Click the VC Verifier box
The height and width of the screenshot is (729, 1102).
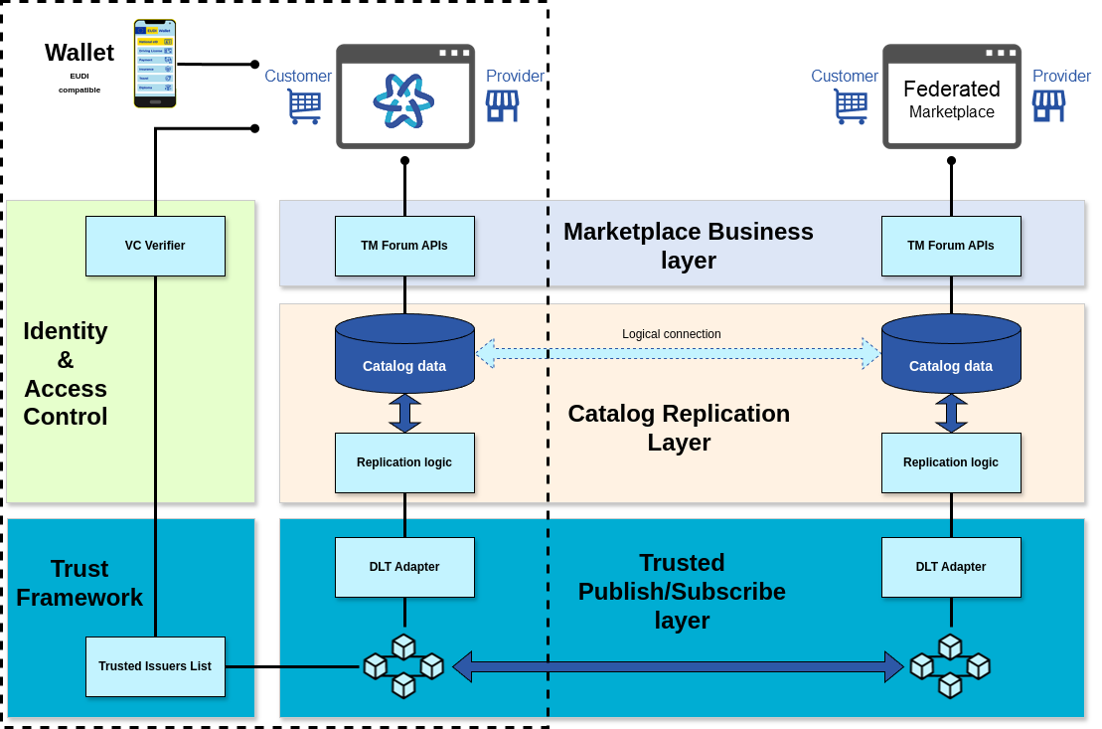(x=155, y=246)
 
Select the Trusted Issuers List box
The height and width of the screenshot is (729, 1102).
(x=155, y=666)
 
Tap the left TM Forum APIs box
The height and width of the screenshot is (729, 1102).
(x=404, y=246)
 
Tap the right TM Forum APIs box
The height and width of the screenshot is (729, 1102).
(x=951, y=246)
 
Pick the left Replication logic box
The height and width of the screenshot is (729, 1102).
(x=404, y=462)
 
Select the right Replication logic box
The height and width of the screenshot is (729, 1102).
(x=951, y=462)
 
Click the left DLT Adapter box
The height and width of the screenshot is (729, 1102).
(x=404, y=567)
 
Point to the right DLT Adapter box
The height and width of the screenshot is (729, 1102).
(x=951, y=567)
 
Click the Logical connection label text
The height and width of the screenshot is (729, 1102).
(x=672, y=334)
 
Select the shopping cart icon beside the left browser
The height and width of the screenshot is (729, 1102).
(x=304, y=106)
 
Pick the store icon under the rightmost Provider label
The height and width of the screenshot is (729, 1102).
(x=1048, y=106)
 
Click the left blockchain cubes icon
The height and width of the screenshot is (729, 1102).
(x=403, y=665)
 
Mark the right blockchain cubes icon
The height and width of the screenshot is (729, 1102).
(x=950, y=665)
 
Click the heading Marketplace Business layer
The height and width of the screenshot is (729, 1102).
(x=689, y=246)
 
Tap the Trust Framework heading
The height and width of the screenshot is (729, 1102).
(x=79, y=583)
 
